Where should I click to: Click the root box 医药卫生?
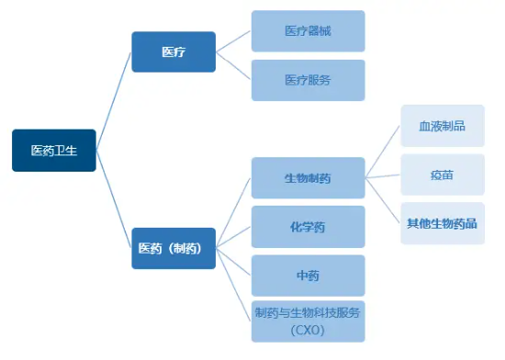tap(53, 151)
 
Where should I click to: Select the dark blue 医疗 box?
tap(174, 52)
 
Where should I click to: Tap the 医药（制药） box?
tap(174, 248)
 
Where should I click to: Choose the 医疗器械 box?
tap(308, 31)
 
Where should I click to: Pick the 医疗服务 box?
tap(308, 80)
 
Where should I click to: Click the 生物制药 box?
tap(308, 178)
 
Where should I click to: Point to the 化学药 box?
tap(308, 226)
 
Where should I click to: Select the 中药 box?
tap(308, 275)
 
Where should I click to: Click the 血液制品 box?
tap(442, 126)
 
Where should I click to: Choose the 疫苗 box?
tap(442, 174)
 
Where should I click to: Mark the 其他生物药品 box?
tap(442, 223)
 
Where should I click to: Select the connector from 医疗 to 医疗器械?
tap(233, 40)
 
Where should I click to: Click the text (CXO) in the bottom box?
tap(308, 329)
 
